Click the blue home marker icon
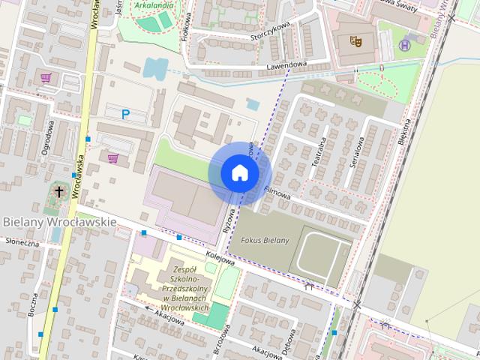tap(240, 172)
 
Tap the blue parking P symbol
tap(126, 115)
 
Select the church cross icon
tap(59, 192)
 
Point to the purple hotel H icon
tap(406, 45)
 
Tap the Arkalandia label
tap(154, 4)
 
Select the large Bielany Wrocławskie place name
tap(59, 222)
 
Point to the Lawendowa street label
tap(286, 67)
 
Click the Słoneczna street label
tap(22, 242)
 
